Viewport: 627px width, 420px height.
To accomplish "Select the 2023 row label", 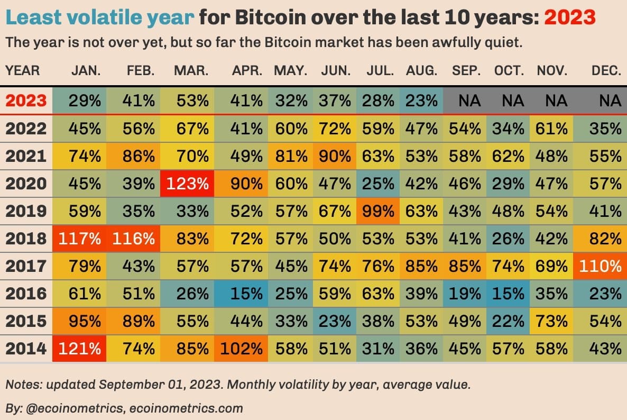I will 26,101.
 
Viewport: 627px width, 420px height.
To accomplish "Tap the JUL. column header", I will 379,70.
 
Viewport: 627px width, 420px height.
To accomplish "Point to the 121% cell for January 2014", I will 79,348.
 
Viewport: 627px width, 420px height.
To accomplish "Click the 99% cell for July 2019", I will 379,211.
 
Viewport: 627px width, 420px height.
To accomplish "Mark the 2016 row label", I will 26,293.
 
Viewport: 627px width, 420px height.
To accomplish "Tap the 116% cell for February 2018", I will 133,238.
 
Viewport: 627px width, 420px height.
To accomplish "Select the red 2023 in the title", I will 570,19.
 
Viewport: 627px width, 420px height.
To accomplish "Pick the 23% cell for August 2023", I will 421,101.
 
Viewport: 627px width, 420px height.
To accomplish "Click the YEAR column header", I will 23,70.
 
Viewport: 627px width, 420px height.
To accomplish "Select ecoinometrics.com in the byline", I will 200,408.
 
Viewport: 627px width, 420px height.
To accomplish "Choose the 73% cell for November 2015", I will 552,321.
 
